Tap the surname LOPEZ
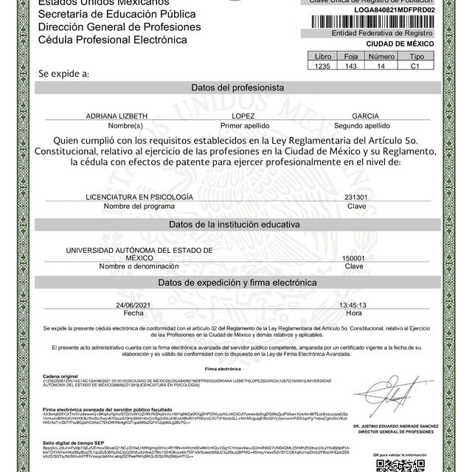pos(243,117)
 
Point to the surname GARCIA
pos(365,117)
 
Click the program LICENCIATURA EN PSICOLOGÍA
pos(139,198)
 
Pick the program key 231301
pos(355,198)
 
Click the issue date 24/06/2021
pos(133,305)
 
